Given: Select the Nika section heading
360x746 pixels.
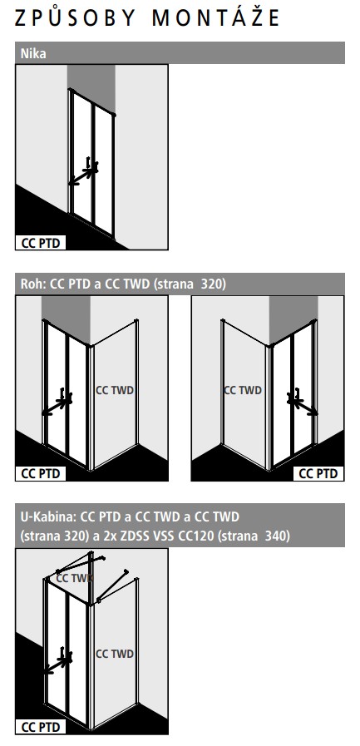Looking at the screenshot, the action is (x=33, y=53).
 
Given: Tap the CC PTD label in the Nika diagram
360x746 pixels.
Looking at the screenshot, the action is (x=41, y=243).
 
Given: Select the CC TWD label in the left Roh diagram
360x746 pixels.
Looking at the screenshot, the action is (x=115, y=390).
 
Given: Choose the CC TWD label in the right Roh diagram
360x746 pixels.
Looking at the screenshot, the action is (x=243, y=390).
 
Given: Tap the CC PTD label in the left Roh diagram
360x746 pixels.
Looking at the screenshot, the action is (x=41, y=474).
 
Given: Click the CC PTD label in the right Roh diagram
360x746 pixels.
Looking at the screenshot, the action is (x=318, y=474).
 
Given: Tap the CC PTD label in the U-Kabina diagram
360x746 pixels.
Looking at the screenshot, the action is (x=41, y=727).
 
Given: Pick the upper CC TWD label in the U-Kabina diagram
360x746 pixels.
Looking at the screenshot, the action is (x=74, y=578).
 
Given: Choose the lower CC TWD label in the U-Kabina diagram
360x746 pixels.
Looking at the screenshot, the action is (x=115, y=654).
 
